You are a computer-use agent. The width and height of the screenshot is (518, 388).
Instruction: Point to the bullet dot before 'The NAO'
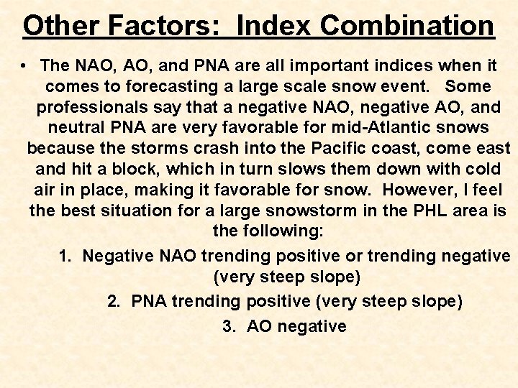click(x=24, y=65)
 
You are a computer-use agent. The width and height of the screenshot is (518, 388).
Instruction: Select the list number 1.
click(x=64, y=256)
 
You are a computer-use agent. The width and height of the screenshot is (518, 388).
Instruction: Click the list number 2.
click(x=113, y=301)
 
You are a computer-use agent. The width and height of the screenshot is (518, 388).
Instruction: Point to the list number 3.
click(x=229, y=325)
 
